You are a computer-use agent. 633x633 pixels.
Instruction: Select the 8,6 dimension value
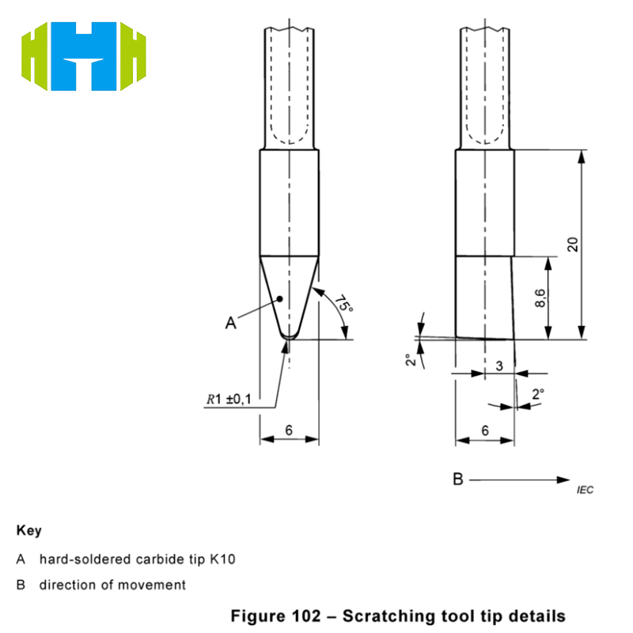[540, 298]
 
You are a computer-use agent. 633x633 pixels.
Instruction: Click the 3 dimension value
[499, 365]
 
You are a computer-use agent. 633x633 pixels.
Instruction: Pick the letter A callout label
[230, 322]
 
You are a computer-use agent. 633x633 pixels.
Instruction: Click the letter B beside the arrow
[457, 479]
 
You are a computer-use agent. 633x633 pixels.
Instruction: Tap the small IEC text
[585, 491]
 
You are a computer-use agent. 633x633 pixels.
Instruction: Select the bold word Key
[28, 530]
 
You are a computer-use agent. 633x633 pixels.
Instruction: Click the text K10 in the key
[223, 559]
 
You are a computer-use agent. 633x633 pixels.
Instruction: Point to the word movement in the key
[157, 585]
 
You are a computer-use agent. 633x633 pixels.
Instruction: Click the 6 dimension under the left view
[290, 430]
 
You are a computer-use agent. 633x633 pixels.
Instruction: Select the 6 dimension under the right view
[485, 430]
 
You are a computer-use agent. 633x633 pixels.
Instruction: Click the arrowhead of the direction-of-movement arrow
[564, 479]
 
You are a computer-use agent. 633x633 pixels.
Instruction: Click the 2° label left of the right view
[409, 360]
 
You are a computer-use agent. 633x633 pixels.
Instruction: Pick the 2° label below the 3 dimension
[538, 393]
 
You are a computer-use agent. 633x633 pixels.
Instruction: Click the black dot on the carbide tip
[280, 299]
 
